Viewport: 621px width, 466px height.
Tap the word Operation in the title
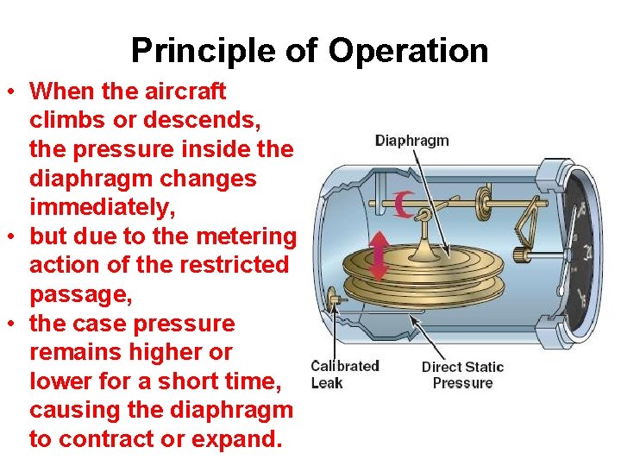tap(407, 51)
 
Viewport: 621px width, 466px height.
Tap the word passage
tap(80, 295)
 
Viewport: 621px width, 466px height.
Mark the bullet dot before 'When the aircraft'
tap(15, 91)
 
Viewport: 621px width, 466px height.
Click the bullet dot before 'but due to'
tap(15, 237)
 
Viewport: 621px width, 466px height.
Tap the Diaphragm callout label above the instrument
tap(411, 141)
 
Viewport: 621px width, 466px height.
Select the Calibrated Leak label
tap(345, 375)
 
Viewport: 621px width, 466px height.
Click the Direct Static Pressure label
tap(462, 375)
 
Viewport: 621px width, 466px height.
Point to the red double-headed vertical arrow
tap(378, 256)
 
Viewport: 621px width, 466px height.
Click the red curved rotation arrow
tap(401, 205)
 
